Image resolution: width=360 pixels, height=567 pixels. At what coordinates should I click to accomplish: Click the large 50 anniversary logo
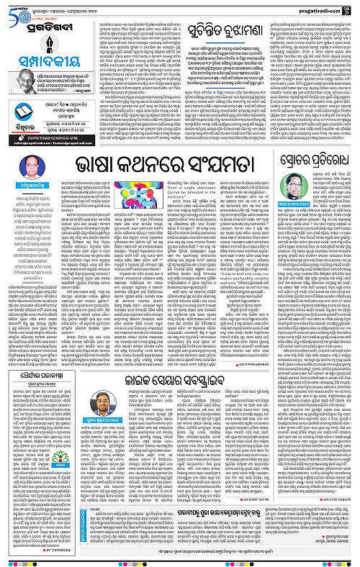pyautogui.click(x=17, y=9)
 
